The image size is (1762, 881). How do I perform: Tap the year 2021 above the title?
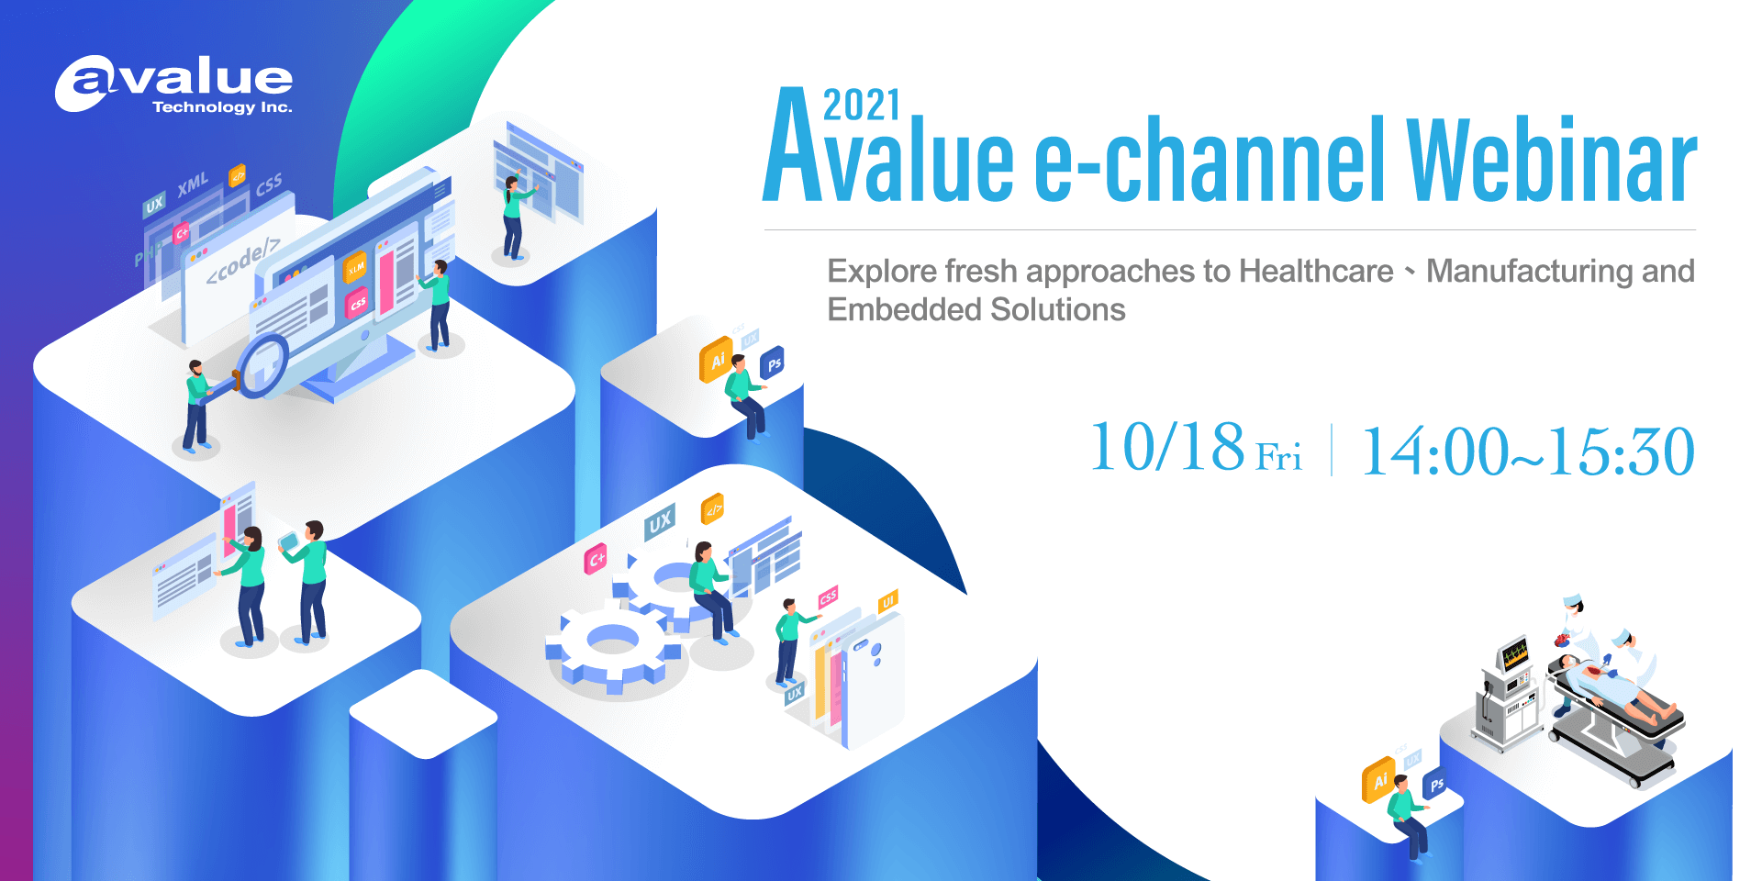pyautogui.click(x=861, y=106)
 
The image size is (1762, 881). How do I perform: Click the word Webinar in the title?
pyautogui.click(x=1551, y=162)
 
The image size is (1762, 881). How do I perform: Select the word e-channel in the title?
pyautogui.click(x=1209, y=162)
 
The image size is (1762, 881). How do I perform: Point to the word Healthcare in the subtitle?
pyautogui.click(x=1316, y=272)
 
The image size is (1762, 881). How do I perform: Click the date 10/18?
pyautogui.click(x=1166, y=449)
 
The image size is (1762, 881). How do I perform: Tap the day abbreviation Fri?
pyautogui.click(x=1278, y=457)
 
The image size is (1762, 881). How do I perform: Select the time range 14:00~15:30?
pyautogui.click(x=1527, y=452)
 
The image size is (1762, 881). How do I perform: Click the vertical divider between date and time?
pyautogui.click(x=1332, y=450)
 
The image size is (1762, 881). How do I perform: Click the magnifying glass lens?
pyautogui.click(x=263, y=365)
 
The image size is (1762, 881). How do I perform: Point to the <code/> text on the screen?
pyautogui.click(x=242, y=262)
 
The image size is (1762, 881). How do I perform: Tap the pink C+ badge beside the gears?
pyautogui.click(x=596, y=558)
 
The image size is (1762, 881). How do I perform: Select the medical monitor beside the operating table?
pyautogui.click(x=1514, y=655)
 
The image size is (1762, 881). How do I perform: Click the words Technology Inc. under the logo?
pyautogui.click(x=222, y=107)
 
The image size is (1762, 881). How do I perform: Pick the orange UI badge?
pyautogui.click(x=887, y=602)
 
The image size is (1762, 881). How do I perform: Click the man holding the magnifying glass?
pyautogui.click(x=196, y=404)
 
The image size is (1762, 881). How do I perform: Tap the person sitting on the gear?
pyautogui.click(x=709, y=587)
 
